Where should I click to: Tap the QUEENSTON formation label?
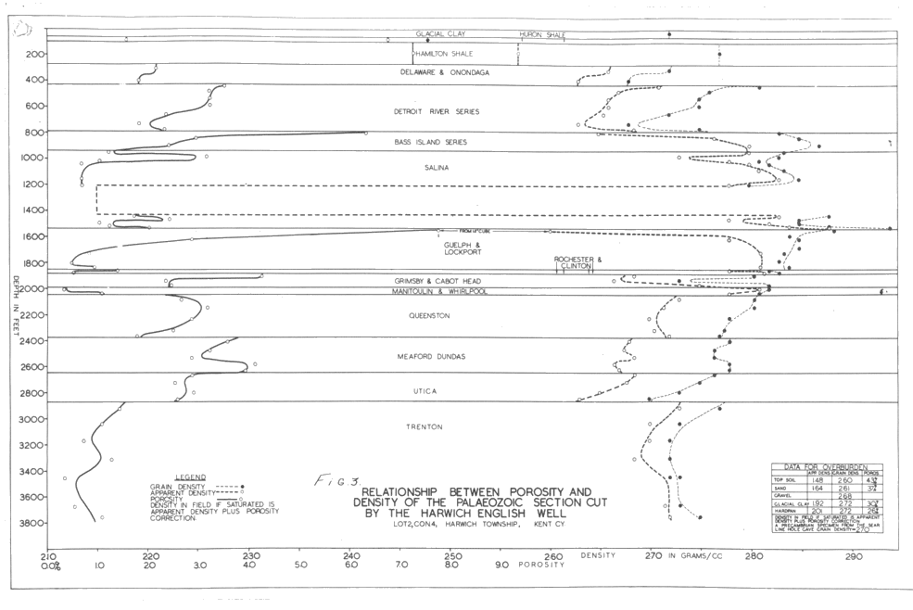pyautogui.click(x=428, y=316)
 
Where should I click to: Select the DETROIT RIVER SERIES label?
pyautogui.click(x=436, y=111)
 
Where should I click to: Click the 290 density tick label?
pyautogui.click(x=853, y=556)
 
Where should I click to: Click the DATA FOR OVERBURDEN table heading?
pyautogui.click(x=826, y=466)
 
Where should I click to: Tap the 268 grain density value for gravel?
pyautogui.click(x=844, y=496)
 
